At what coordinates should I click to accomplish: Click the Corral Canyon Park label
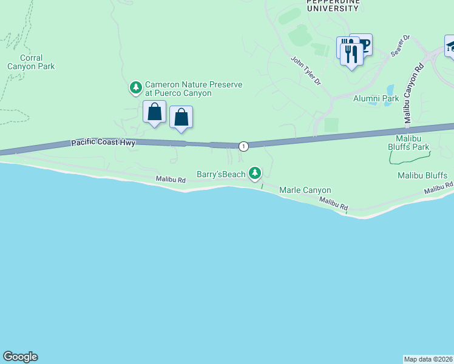pyautogui.click(x=31, y=62)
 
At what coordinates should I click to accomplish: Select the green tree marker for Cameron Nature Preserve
pyautogui.click(x=135, y=89)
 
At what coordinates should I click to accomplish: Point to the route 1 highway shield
pyautogui.click(x=243, y=146)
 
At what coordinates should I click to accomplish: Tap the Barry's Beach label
pyautogui.click(x=221, y=174)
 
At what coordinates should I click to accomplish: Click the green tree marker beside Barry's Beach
pyautogui.click(x=256, y=174)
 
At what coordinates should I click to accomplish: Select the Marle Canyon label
pyautogui.click(x=305, y=190)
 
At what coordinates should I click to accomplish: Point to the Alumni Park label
pyautogui.click(x=376, y=98)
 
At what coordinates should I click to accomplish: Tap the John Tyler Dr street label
pyautogui.click(x=305, y=71)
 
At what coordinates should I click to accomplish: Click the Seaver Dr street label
pyautogui.click(x=401, y=45)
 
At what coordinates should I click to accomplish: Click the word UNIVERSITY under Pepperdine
pyautogui.click(x=332, y=8)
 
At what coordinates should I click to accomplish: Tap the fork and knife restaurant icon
pyautogui.click(x=351, y=54)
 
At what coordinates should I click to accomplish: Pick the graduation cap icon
pyautogui.click(x=451, y=46)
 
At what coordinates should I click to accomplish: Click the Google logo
pyautogui.click(x=20, y=357)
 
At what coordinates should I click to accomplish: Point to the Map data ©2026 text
pyautogui.click(x=428, y=359)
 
